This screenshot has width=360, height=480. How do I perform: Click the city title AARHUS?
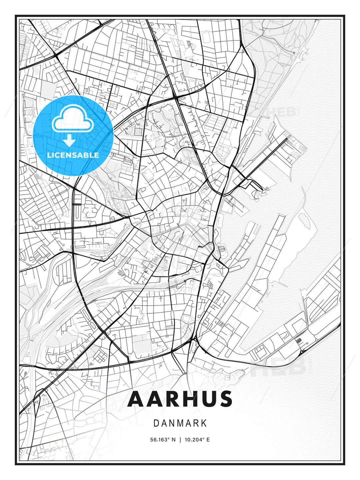(180, 399)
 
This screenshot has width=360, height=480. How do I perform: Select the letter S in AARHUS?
(225, 399)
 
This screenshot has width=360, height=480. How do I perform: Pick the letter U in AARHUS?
(203, 399)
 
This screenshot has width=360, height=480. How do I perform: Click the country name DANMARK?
(180, 423)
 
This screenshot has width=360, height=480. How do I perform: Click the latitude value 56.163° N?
(163, 440)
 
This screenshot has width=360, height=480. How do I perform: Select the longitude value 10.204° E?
(197, 440)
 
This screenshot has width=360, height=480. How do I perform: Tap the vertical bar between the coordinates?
(180, 440)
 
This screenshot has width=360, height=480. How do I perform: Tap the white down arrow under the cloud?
(69, 140)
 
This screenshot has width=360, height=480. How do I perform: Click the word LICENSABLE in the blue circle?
(73, 155)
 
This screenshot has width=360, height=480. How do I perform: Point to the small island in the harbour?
(304, 218)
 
